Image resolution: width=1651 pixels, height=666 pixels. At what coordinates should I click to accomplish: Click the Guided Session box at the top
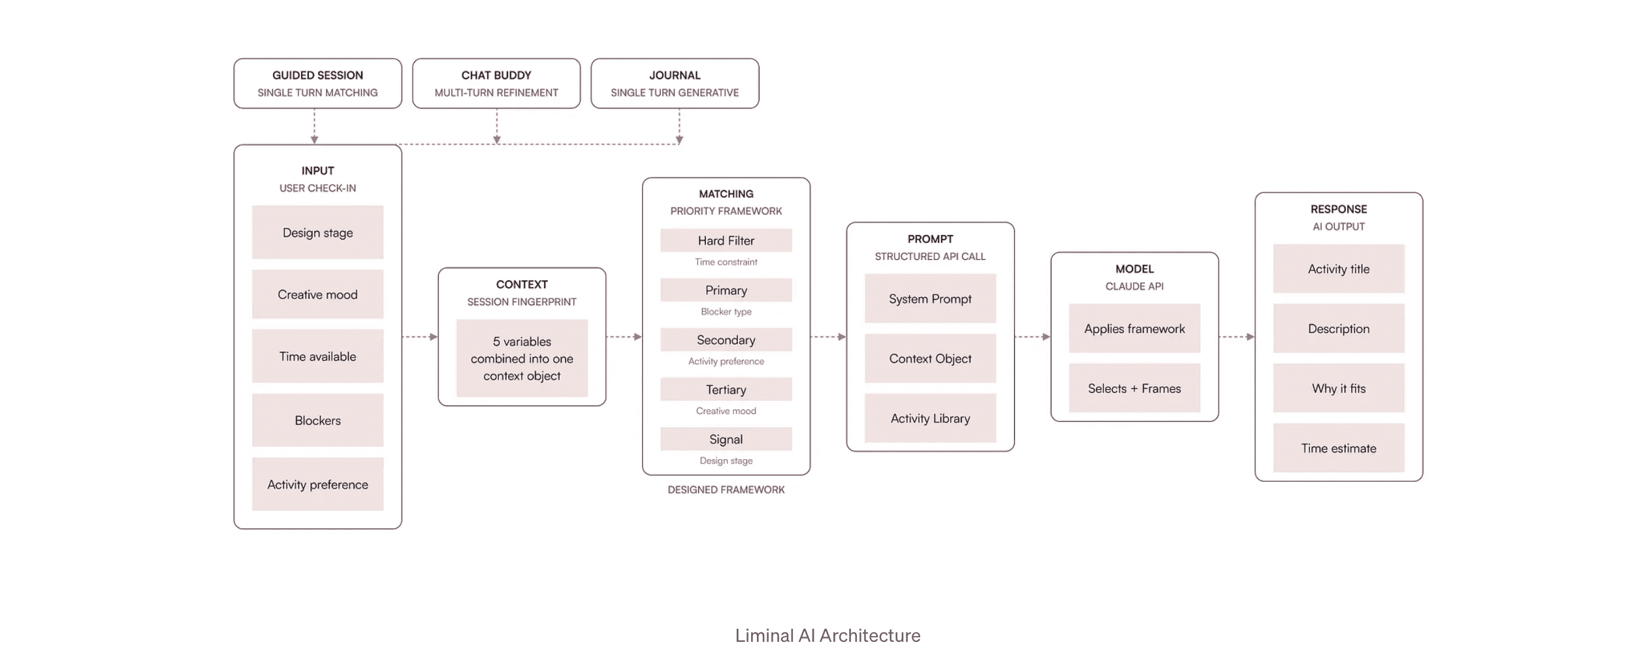pyautogui.click(x=317, y=84)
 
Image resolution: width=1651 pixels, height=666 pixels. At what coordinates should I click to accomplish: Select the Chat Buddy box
pyautogui.click(x=496, y=84)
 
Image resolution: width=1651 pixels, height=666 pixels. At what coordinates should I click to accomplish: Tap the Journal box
pyautogui.click(x=675, y=84)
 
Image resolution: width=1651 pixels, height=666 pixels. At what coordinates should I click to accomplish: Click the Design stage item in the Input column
pyautogui.click(x=317, y=232)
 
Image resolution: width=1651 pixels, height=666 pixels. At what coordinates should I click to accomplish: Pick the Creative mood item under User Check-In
pyautogui.click(x=317, y=294)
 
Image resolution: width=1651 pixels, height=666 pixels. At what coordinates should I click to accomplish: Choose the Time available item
pyautogui.click(x=317, y=356)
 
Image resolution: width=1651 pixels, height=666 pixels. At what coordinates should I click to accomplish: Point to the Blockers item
pyautogui.click(x=317, y=420)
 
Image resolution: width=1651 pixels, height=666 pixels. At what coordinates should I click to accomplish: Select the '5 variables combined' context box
pyautogui.click(x=522, y=358)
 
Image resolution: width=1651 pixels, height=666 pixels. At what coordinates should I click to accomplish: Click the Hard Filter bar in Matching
pyautogui.click(x=726, y=240)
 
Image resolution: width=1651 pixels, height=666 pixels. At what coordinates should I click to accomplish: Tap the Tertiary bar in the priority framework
pyautogui.click(x=726, y=389)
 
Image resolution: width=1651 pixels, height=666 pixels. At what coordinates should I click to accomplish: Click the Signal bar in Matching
pyautogui.click(x=726, y=439)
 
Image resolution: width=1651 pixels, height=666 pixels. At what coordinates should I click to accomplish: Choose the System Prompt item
pyautogui.click(x=930, y=298)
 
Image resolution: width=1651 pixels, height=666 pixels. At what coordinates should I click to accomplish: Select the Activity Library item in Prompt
pyautogui.click(x=930, y=418)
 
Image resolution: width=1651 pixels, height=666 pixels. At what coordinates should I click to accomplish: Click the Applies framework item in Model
pyautogui.click(x=1134, y=328)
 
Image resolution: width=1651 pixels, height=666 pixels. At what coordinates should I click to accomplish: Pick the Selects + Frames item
pyautogui.click(x=1134, y=388)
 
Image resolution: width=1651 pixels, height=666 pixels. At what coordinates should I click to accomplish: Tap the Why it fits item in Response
pyautogui.click(x=1339, y=388)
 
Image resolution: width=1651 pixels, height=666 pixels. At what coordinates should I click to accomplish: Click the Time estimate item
pyautogui.click(x=1339, y=448)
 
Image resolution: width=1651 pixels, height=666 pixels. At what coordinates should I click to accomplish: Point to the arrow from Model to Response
pyautogui.click(x=1237, y=337)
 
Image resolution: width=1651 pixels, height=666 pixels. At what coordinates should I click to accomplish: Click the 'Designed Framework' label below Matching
pyautogui.click(x=726, y=490)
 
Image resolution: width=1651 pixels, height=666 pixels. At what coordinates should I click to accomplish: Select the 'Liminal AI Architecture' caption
pyautogui.click(x=827, y=635)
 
